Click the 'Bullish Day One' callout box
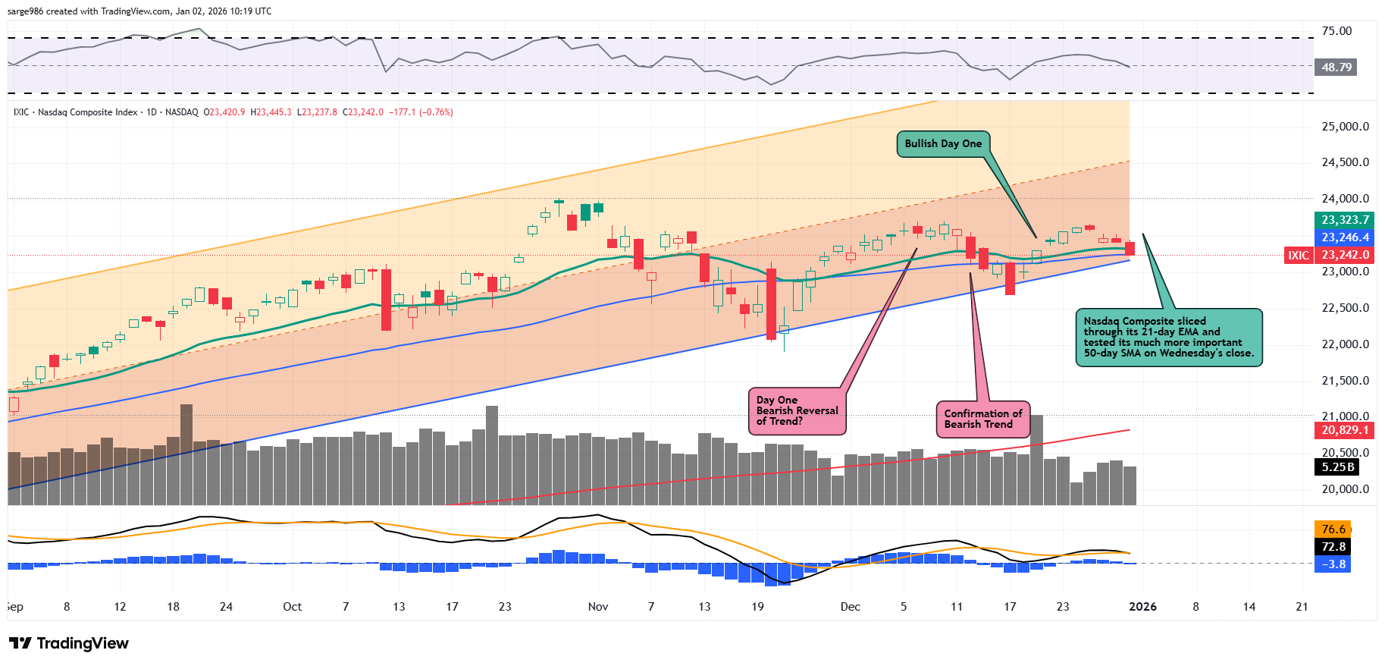click(x=943, y=144)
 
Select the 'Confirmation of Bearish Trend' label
click(x=983, y=419)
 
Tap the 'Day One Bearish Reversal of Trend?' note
click(x=797, y=411)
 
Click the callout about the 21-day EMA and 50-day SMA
click(x=1168, y=338)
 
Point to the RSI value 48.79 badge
click(x=1336, y=68)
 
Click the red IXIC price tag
click(x=1298, y=256)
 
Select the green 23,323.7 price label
click(x=1345, y=220)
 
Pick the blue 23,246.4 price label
click(x=1345, y=237)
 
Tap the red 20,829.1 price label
click(x=1345, y=430)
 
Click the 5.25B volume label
click(x=1337, y=467)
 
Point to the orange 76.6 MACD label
click(x=1333, y=529)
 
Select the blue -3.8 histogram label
click(x=1333, y=564)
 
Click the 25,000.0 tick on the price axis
click(x=1345, y=127)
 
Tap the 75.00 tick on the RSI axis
click(x=1336, y=31)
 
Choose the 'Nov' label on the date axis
click(x=598, y=607)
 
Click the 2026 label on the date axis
click(x=1142, y=607)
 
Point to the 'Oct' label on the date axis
click(x=292, y=607)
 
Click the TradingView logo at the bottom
click(x=69, y=643)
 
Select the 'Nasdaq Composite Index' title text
click(x=87, y=112)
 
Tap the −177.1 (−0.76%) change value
click(x=421, y=112)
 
